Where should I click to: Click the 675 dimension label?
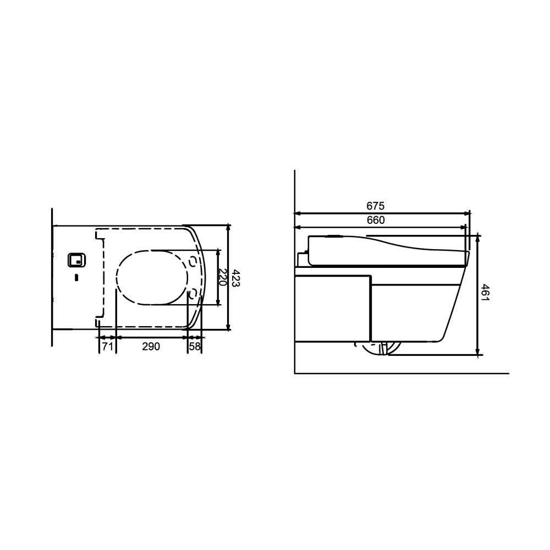pyautogui.click(x=375, y=206)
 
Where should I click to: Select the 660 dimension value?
pyautogui.click(x=376, y=220)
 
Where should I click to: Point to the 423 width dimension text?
pyautogui.click(x=235, y=278)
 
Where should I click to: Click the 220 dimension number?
pyautogui.click(x=221, y=277)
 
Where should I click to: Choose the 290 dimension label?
pyautogui.click(x=151, y=346)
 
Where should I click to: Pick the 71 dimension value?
pyautogui.click(x=107, y=346)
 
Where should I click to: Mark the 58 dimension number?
pyautogui.click(x=195, y=346)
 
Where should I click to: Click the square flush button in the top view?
pyautogui.click(x=77, y=260)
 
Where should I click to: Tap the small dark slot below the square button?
pyautogui.click(x=77, y=278)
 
